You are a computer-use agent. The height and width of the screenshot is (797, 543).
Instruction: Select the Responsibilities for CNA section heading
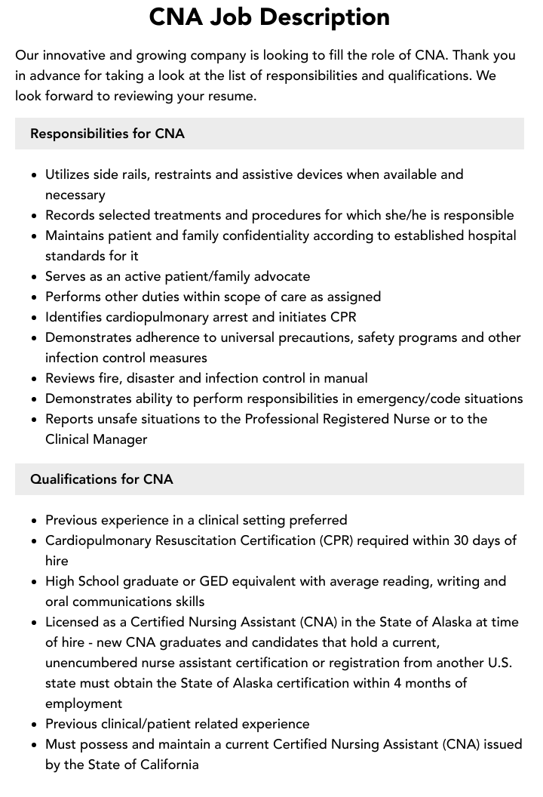coord(107,134)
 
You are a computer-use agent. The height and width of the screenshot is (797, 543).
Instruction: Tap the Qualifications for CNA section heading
coord(102,479)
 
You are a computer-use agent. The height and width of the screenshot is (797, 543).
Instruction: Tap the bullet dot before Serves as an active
coord(34,277)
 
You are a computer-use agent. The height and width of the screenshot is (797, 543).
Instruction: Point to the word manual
coord(345,378)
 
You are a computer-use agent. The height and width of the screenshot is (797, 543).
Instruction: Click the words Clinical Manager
coord(96,439)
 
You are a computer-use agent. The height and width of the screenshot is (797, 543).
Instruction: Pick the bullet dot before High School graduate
coord(34,582)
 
